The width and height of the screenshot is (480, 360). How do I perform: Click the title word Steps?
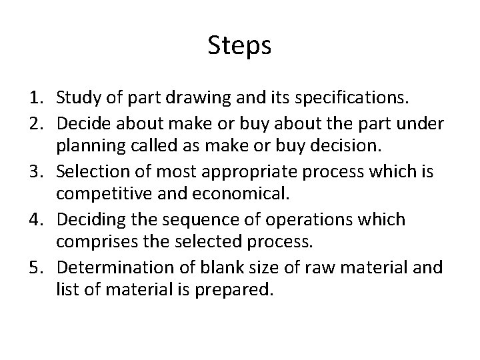coord(240,46)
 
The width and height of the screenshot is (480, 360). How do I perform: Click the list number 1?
coord(35,99)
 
